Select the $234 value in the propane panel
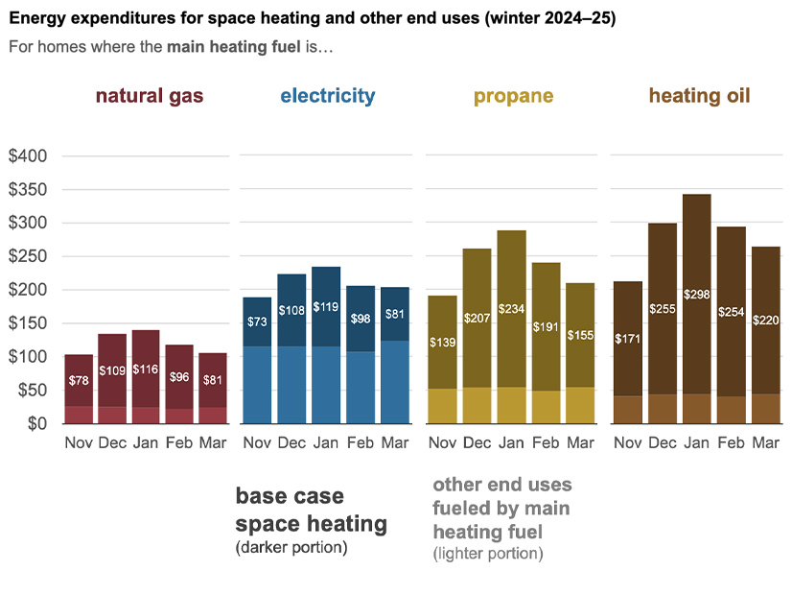tap(512, 309)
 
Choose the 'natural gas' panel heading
tap(149, 96)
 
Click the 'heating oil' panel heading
tap(699, 96)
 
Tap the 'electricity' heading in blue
tap(328, 96)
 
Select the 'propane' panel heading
tap(513, 96)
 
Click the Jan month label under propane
tap(511, 443)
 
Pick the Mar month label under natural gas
tap(213, 443)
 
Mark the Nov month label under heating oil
tap(627, 443)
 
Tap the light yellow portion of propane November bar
tap(442, 406)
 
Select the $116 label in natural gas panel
tap(147, 369)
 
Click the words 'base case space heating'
tap(311, 511)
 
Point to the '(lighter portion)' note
tap(487, 554)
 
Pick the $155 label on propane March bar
tap(580, 335)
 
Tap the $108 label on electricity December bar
tap(292, 310)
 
